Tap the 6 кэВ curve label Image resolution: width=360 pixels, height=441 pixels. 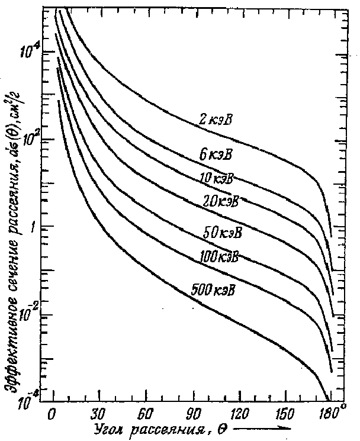click(x=216, y=156)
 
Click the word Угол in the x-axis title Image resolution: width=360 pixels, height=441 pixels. click(x=107, y=428)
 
